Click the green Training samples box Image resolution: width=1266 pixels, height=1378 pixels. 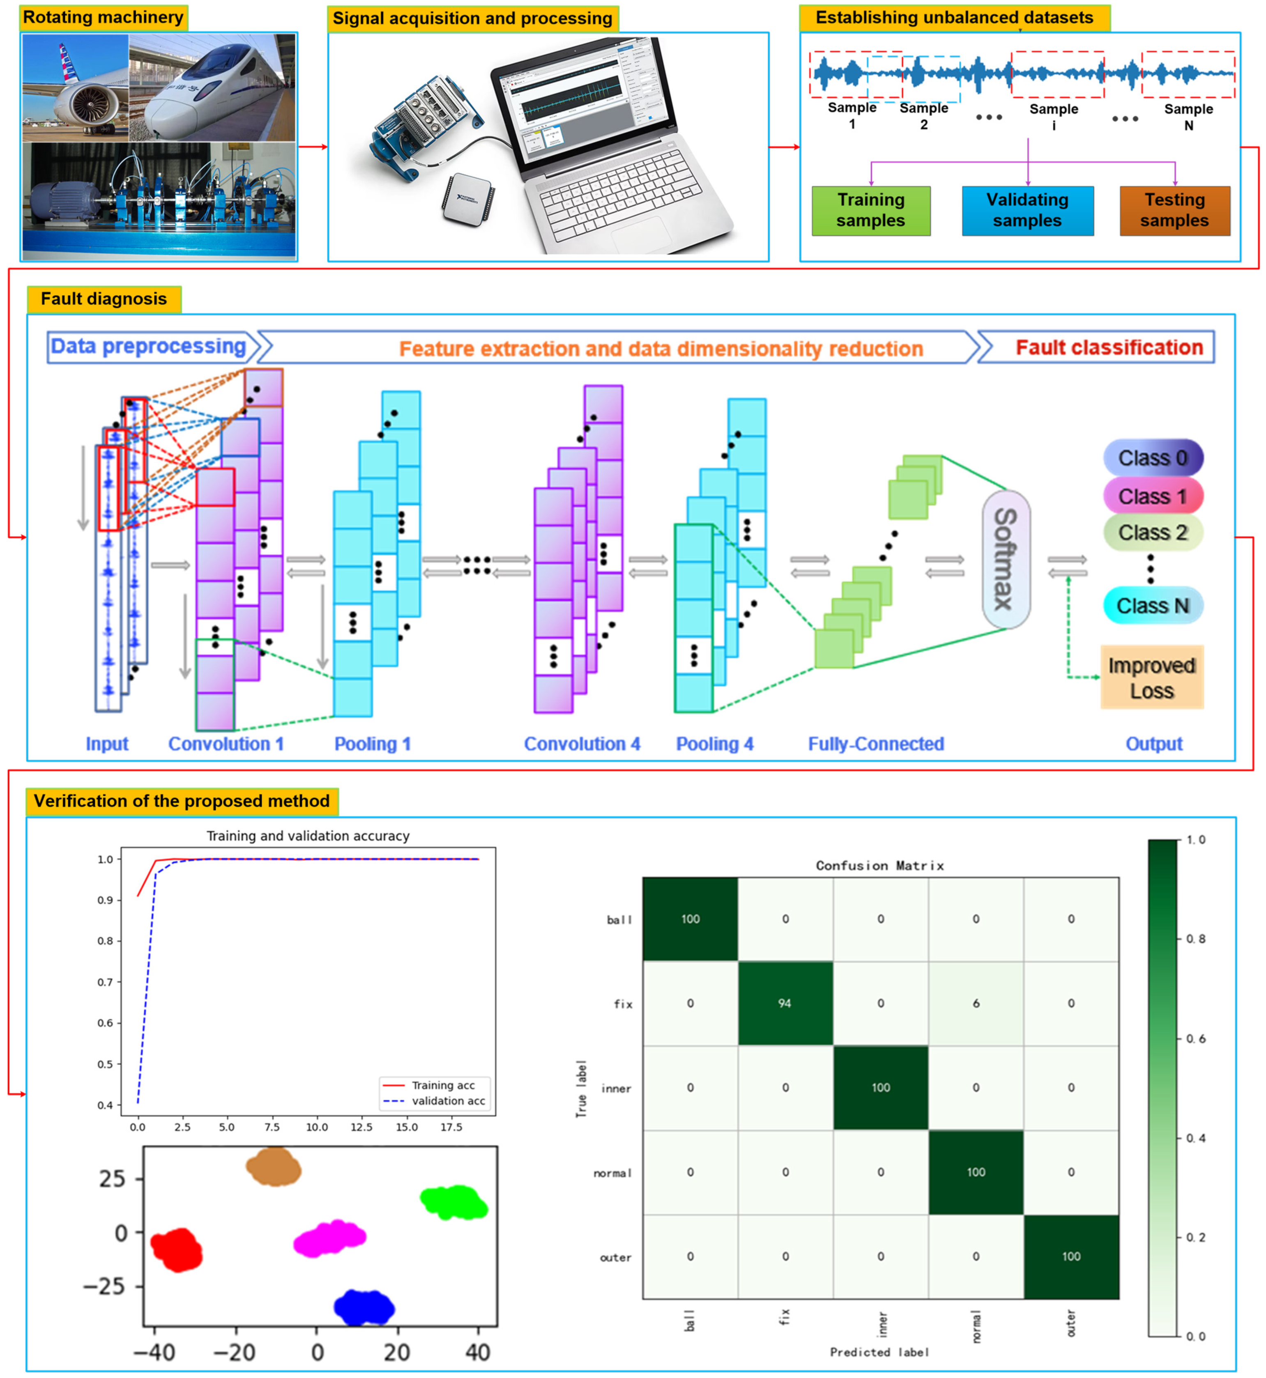(871, 210)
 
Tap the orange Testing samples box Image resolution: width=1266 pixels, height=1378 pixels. (1174, 210)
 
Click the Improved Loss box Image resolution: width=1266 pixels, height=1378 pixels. (1151, 678)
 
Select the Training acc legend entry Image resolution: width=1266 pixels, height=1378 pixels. (442, 1085)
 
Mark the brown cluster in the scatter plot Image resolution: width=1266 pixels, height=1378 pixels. (273, 1167)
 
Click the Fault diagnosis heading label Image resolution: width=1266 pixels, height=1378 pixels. (104, 299)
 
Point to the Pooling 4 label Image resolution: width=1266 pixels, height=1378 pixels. (714, 744)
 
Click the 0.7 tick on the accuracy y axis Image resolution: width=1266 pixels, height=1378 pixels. (105, 982)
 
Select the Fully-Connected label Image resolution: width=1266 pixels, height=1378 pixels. (875, 744)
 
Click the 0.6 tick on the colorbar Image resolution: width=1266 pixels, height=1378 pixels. (1195, 1039)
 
